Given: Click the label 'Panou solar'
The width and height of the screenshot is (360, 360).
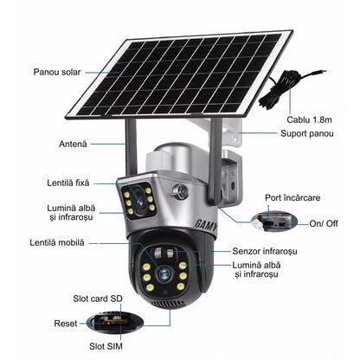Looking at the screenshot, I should (57, 72).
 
